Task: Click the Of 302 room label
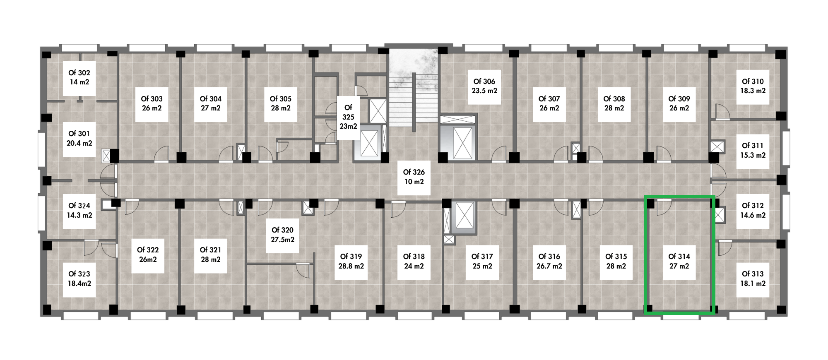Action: click(79, 77)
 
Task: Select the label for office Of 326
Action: click(414, 177)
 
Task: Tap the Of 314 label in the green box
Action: click(679, 261)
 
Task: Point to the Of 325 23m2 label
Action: click(348, 117)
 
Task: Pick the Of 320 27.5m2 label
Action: click(282, 235)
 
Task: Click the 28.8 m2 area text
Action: click(351, 266)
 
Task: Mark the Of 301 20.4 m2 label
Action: click(79, 139)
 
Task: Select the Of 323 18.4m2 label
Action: click(79, 279)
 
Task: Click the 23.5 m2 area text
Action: click(484, 91)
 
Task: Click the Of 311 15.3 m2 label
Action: click(753, 151)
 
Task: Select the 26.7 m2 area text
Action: click(549, 266)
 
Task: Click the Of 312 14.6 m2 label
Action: click(753, 211)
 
